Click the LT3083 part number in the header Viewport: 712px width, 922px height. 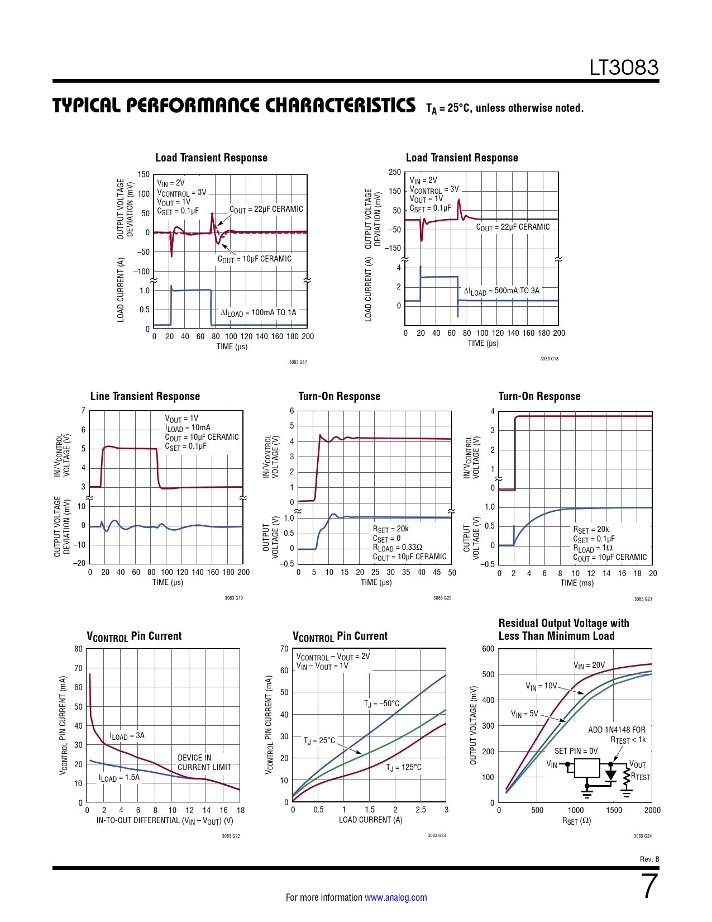pos(624,68)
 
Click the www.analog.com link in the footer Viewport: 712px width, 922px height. pos(395,897)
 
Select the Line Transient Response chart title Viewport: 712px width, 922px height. pos(145,396)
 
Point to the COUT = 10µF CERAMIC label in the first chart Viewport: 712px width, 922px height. pos(255,259)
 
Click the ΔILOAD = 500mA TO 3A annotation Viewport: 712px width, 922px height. pos(501,291)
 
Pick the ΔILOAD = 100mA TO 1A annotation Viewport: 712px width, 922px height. pos(258,313)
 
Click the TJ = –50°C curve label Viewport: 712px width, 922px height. pos(381,704)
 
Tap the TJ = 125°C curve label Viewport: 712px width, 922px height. pos(404,768)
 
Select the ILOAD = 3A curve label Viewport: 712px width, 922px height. pos(127,736)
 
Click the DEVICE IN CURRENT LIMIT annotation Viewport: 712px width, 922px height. pos(204,762)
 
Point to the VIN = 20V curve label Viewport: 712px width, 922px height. pos(589,666)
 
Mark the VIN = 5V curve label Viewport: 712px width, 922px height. pos(524,714)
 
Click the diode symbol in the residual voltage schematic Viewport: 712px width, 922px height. pos(610,775)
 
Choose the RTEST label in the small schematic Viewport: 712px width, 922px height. pos(641,777)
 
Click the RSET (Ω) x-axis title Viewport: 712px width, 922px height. pos(576,821)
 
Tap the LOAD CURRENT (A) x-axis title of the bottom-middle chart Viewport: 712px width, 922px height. pos(370,820)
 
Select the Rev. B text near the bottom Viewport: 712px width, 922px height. pos(649,859)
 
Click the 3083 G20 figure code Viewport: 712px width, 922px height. pos(442,598)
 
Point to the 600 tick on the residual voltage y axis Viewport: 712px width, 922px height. pos(488,649)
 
